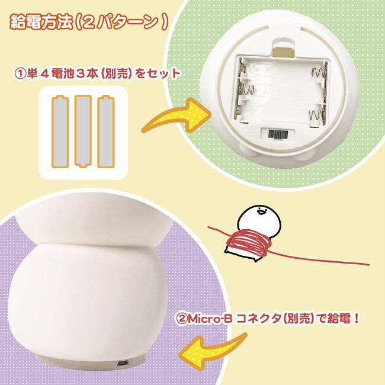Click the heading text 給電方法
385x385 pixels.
coord(41,23)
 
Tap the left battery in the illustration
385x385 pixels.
coord(60,131)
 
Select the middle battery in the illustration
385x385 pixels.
coord(83,131)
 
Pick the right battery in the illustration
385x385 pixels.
coord(106,131)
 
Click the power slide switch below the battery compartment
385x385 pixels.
coord(278,134)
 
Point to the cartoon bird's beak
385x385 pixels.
coord(261,211)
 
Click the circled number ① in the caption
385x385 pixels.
coord(20,74)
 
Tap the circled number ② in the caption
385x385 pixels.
coord(182,319)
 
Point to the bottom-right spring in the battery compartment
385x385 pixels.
coord(317,115)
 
